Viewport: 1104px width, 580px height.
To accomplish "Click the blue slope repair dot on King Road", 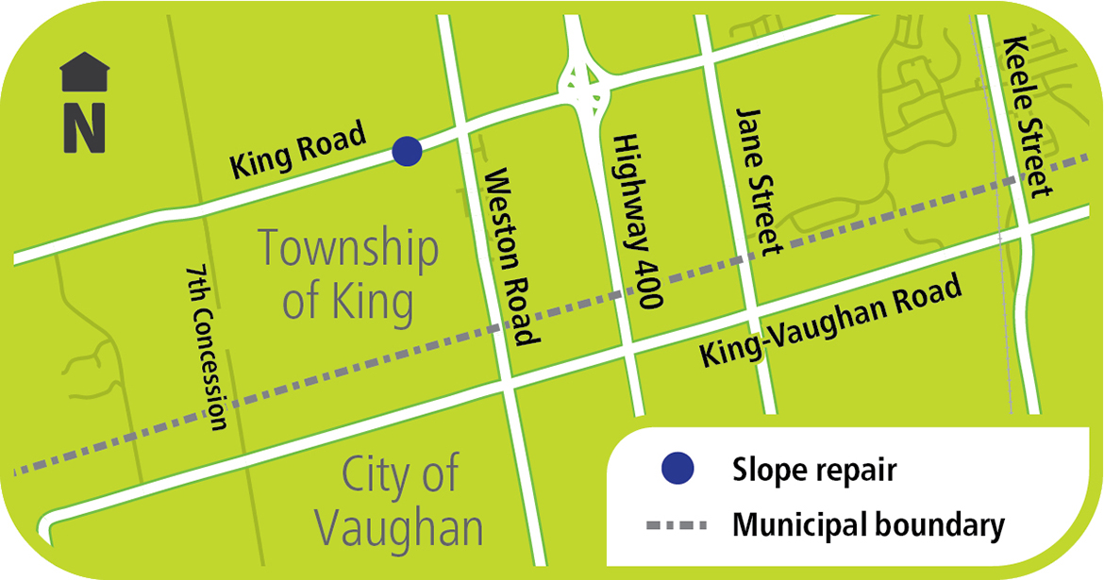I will [x=407, y=151].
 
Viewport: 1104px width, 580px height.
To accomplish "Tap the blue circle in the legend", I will [x=677, y=468].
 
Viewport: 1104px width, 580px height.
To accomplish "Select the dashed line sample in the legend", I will [x=677, y=524].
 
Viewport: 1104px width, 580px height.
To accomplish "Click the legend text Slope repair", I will [x=813, y=469].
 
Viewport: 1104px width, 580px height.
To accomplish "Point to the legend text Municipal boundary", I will [x=868, y=524].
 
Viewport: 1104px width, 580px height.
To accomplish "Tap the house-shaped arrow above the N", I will [x=84, y=73].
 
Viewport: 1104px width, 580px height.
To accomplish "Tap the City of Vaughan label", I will [x=400, y=501].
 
